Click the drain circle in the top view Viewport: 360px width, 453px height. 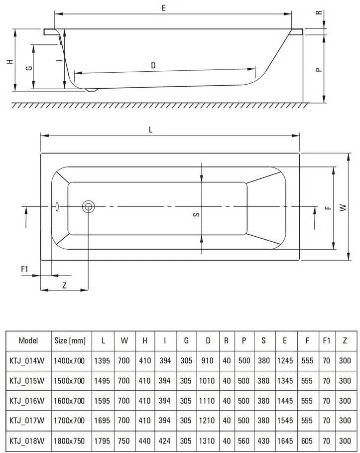point(88,206)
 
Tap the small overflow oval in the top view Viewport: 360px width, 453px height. point(57,207)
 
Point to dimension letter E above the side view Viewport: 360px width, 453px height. point(164,8)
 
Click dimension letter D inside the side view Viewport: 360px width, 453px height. point(153,65)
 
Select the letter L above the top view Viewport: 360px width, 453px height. point(150,130)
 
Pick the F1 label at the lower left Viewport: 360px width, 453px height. point(24,269)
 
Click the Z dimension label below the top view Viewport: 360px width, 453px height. point(64,286)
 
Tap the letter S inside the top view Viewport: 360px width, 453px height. point(196,214)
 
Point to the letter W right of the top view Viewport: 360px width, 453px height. point(343,207)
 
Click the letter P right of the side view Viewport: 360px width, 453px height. point(319,70)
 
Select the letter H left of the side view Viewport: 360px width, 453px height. point(10,61)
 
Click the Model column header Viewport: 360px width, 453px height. point(28,340)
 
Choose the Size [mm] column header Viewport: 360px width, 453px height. point(70,340)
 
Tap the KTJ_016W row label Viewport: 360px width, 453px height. point(27,401)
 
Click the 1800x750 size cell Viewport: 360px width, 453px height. point(69,441)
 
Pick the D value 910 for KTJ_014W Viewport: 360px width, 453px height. point(207,360)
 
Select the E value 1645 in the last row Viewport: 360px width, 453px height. point(285,441)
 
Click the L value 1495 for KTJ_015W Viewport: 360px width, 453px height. point(102,381)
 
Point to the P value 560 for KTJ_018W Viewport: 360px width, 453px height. point(243,441)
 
